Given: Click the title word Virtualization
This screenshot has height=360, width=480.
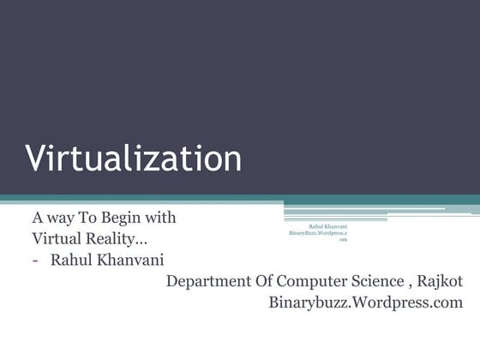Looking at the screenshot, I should click(133, 159).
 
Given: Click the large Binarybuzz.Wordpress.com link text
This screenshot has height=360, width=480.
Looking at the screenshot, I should click(366, 303).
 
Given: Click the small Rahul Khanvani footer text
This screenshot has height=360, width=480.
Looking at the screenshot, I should click(327, 226).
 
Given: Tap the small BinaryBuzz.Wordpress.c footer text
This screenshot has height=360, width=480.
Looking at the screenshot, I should click(318, 233).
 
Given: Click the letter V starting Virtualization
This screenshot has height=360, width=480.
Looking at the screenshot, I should click(34, 159).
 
